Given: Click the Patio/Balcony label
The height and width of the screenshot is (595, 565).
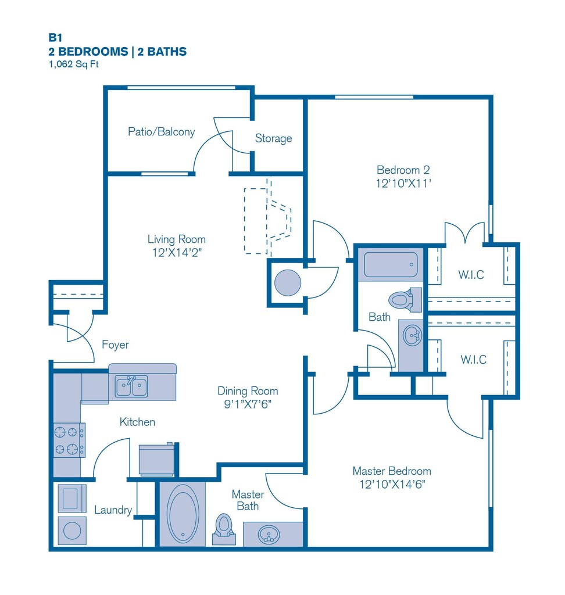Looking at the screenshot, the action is tap(162, 132).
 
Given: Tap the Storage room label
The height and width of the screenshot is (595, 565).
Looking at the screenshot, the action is tap(273, 138).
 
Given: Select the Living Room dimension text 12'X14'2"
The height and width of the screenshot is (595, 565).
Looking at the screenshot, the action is tap(177, 252).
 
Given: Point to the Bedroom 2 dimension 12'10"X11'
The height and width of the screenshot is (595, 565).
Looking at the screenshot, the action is tap(403, 183).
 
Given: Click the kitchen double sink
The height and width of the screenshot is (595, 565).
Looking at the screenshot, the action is tap(131, 386).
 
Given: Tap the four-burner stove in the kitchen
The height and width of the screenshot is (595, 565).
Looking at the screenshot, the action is tap(69, 440).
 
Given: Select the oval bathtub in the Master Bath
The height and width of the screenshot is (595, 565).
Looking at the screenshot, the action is tap(183, 513).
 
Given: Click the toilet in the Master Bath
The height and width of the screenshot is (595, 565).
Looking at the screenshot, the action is tap(224, 529).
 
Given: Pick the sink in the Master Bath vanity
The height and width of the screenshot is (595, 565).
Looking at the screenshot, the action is tap(269, 535).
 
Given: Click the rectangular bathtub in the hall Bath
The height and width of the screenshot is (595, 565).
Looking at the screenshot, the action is tap(391, 264).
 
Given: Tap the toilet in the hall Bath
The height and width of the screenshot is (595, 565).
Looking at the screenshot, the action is tap(405, 300).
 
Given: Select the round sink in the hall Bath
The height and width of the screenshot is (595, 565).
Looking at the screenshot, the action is tap(413, 335).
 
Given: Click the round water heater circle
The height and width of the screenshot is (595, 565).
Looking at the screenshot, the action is tap(288, 283).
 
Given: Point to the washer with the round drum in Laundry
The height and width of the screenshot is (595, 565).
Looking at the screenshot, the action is tap(72, 530).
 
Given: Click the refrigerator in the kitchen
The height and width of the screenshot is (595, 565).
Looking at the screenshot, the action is tap(156, 460).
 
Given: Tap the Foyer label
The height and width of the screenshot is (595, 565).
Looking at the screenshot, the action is tap(116, 345).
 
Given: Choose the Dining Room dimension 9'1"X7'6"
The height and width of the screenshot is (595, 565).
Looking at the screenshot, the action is tap(248, 404).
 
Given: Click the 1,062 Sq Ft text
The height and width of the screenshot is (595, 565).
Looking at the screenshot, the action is tap(74, 64).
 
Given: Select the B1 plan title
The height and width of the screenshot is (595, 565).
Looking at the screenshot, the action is tap(55, 38).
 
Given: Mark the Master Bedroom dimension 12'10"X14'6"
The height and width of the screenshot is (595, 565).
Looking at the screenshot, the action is tap(392, 484).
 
